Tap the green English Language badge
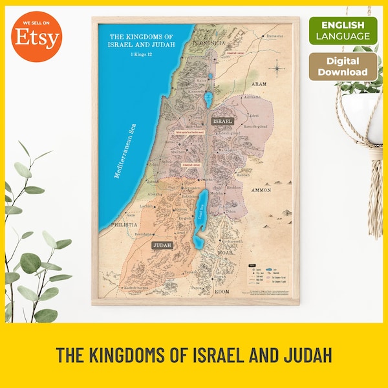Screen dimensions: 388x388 [343, 30]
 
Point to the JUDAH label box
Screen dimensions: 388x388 [161, 246]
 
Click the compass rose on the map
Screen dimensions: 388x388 [277, 67]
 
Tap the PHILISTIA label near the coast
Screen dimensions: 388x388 [125, 224]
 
